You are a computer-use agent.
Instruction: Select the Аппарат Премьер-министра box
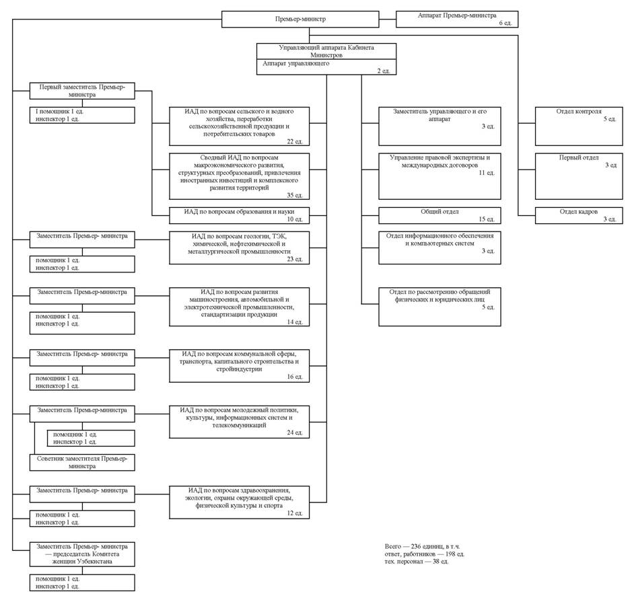coord(457,19)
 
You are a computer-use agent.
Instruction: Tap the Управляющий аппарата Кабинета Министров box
coord(326,51)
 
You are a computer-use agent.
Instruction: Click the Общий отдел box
coord(439,215)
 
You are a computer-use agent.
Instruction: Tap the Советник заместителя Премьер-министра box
coord(82,462)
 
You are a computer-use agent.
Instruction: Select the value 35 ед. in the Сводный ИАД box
coord(295,195)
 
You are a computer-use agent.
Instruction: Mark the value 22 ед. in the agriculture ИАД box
coord(295,141)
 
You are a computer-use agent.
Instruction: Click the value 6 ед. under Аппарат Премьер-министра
coord(505,23)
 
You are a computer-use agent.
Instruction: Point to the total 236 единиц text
coord(422,546)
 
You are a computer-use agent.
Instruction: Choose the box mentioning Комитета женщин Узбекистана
coord(82,554)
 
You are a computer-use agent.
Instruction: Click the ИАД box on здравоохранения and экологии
coord(240,502)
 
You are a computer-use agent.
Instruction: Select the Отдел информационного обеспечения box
coord(439,248)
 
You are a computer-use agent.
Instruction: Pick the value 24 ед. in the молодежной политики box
coord(295,432)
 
